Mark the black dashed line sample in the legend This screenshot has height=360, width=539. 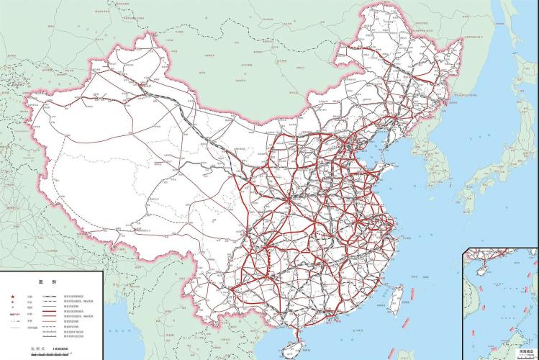tap(48, 328)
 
